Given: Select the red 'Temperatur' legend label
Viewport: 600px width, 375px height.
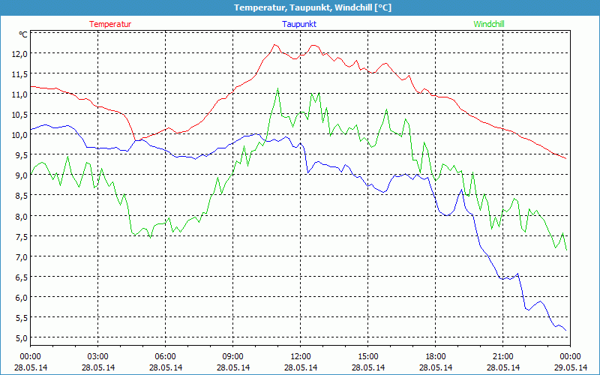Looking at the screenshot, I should (x=110, y=24).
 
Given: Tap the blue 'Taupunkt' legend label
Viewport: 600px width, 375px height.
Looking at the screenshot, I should (x=299, y=24).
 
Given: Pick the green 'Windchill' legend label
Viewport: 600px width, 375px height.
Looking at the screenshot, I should (x=489, y=24).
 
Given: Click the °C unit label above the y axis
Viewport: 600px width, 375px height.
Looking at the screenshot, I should (x=22, y=34).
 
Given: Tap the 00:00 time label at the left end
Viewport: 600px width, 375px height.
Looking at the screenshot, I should (x=30, y=356).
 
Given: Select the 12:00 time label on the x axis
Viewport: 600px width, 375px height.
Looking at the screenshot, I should (x=300, y=356).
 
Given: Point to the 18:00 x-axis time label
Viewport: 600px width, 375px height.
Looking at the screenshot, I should (x=435, y=356).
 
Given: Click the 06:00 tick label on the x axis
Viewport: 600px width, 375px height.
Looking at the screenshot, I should (x=165, y=356).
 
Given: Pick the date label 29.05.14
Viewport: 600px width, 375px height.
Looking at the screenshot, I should (x=570, y=367).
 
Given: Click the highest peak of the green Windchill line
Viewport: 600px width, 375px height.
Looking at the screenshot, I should (x=278, y=88).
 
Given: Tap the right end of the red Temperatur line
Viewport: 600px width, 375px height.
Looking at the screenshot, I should (x=566, y=158).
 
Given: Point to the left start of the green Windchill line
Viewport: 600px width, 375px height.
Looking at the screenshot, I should (x=31, y=175).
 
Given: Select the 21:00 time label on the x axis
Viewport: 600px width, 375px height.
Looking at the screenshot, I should (x=502, y=356).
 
